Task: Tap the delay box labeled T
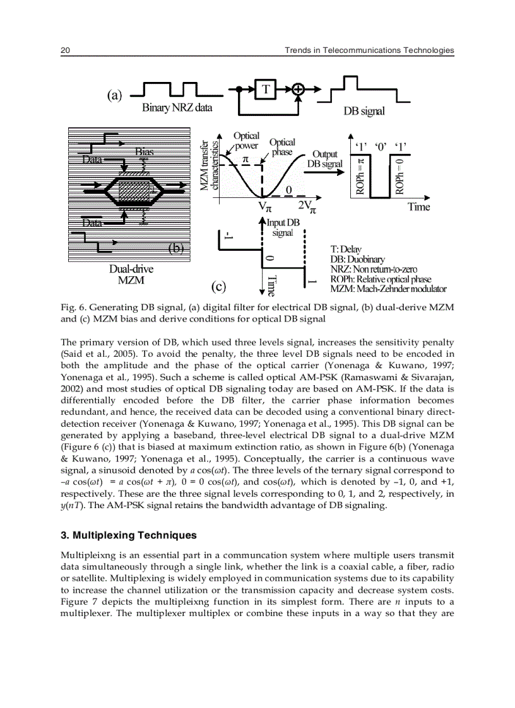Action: tap(266, 90)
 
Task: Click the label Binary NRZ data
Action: tap(177, 107)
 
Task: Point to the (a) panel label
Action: tap(114, 95)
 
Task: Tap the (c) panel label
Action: tap(218, 287)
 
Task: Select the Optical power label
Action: tap(246, 141)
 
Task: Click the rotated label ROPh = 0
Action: tap(398, 175)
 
